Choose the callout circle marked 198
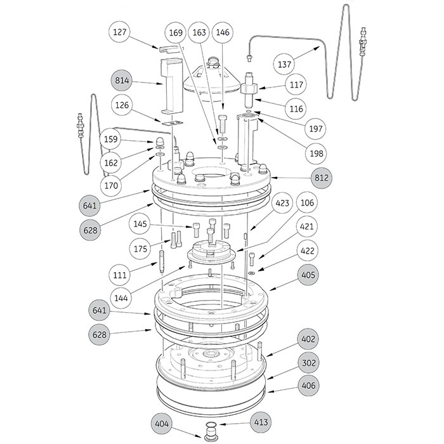tap(296, 153)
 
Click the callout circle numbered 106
tap(306, 204)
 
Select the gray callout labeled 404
tap(163, 422)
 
